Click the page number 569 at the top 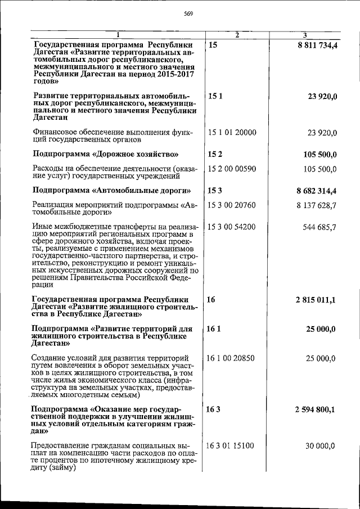[188, 15]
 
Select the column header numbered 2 [237, 35]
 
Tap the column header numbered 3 [304, 35]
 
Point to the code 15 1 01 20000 [232, 133]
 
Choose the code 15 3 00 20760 [232, 206]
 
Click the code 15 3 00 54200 [232, 227]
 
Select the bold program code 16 [211, 300]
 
